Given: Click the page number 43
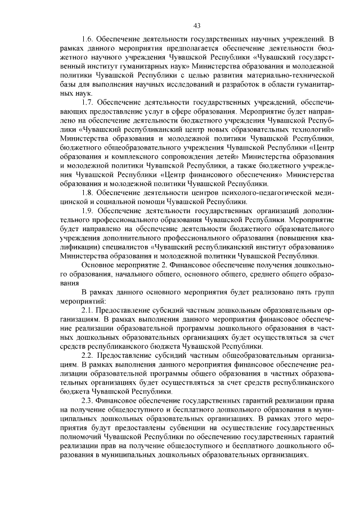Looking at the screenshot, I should coord(197,24).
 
